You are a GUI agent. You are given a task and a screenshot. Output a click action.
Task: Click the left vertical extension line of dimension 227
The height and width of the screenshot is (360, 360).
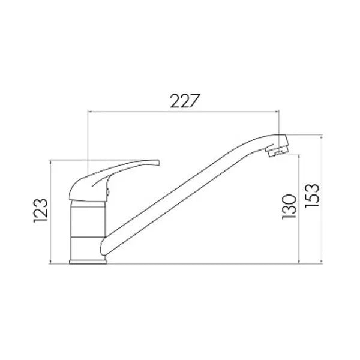pyautogui.click(x=89, y=138)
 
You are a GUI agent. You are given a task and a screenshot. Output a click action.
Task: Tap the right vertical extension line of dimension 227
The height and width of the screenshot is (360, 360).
pyautogui.click(x=280, y=123)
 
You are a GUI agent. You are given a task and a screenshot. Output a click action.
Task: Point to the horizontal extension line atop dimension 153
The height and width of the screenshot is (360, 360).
pyautogui.click(x=306, y=136)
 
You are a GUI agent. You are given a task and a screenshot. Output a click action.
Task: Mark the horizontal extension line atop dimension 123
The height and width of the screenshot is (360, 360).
pyautogui.click(x=66, y=160)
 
